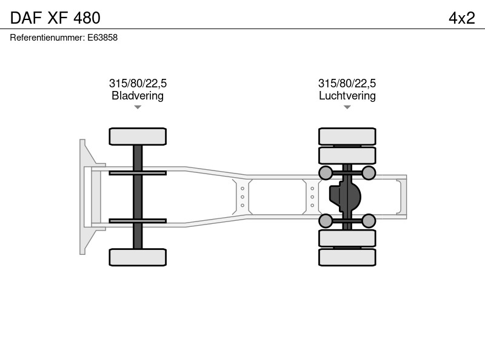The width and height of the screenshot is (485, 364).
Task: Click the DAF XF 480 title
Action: (x=55, y=18)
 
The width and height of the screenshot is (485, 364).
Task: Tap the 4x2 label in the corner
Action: (x=462, y=18)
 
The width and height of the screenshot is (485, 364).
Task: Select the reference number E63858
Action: (x=102, y=38)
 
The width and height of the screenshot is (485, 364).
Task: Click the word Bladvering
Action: (x=138, y=96)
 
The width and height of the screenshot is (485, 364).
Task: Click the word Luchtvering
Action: (x=347, y=96)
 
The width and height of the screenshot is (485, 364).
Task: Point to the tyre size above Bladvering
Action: (x=138, y=83)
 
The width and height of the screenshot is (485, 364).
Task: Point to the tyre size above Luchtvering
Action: (x=347, y=83)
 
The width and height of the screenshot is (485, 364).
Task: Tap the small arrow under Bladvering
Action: (x=138, y=107)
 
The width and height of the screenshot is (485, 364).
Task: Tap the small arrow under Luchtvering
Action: (x=347, y=107)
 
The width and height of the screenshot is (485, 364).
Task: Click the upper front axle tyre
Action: (x=138, y=136)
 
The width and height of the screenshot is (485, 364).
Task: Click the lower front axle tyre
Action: (x=138, y=257)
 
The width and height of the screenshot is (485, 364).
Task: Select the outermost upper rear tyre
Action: (x=347, y=136)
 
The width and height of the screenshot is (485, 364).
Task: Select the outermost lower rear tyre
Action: (x=347, y=257)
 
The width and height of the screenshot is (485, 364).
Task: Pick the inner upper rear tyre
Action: (x=347, y=155)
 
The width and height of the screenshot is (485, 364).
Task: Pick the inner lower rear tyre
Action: (x=347, y=238)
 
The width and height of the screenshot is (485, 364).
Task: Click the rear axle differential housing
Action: (x=345, y=197)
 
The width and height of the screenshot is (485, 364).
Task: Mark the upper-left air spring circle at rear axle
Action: (x=326, y=173)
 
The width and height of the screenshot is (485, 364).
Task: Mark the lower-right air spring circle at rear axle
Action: (x=369, y=221)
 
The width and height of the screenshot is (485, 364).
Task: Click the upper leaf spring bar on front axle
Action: (x=138, y=173)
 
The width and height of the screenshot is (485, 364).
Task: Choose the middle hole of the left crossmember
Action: (x=242, y=197)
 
